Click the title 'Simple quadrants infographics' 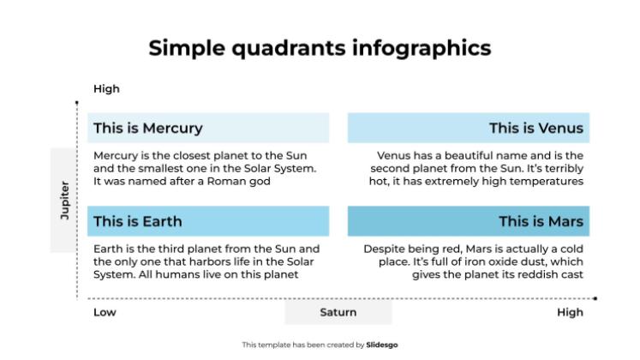point(320,47)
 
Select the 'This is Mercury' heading point(147,129)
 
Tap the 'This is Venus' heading point(535,129)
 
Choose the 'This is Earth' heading point(137,221)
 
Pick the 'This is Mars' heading point(541,221)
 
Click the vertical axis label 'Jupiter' point(64,201)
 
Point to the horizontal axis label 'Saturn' point(338,312)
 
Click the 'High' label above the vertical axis point(106,88)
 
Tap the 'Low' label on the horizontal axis point(105,312)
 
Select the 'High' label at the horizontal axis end point(570,312)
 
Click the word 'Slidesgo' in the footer point(382,345)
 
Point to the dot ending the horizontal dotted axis point(595,298)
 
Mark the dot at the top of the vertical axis point(77,103)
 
